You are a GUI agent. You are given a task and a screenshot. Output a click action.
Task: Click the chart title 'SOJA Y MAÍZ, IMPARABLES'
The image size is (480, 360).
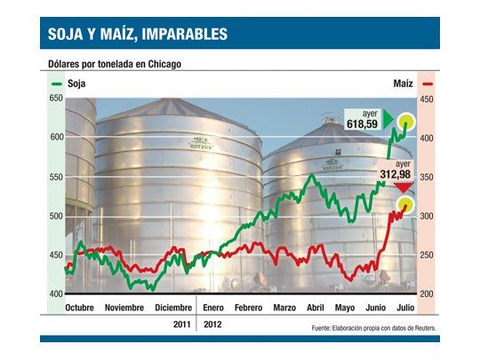138,35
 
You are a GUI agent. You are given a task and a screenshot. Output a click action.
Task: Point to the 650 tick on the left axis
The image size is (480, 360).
56,99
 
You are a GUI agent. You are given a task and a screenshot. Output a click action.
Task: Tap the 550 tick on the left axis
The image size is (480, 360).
56,177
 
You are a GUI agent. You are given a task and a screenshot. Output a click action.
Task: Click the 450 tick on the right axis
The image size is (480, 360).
427,99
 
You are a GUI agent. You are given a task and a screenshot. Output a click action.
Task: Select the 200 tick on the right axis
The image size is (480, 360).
427,294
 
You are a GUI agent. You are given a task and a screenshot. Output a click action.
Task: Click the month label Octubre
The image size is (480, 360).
80,308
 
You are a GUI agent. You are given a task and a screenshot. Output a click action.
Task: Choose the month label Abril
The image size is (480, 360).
315,308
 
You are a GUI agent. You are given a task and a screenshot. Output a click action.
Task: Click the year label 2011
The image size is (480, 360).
183,325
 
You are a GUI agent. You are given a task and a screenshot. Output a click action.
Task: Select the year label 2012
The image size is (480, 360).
213,325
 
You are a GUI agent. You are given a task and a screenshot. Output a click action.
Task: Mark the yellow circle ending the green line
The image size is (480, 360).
408,122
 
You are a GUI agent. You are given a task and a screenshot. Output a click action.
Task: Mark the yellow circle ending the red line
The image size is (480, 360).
406,205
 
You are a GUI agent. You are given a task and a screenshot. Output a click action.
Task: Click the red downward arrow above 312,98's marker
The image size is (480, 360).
404,188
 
